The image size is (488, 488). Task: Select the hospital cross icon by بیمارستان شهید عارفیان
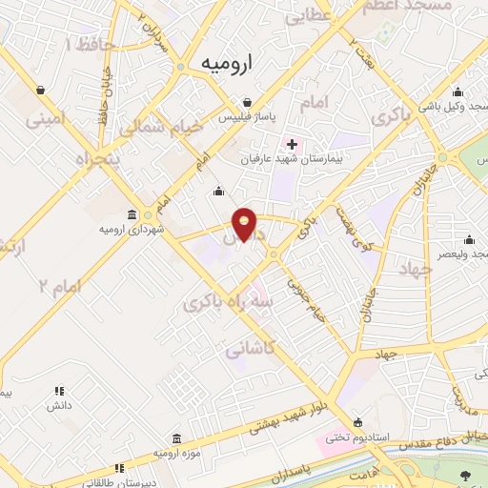point(292,144)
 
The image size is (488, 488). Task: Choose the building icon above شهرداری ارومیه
point(131,214)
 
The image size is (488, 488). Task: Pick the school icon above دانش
point(59,391)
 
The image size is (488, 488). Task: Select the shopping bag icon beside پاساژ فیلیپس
point(247,102)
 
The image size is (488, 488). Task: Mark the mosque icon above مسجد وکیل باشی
point(458,92)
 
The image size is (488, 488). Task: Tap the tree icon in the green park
point(465,476)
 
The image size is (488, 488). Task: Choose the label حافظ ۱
point(83,44)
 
